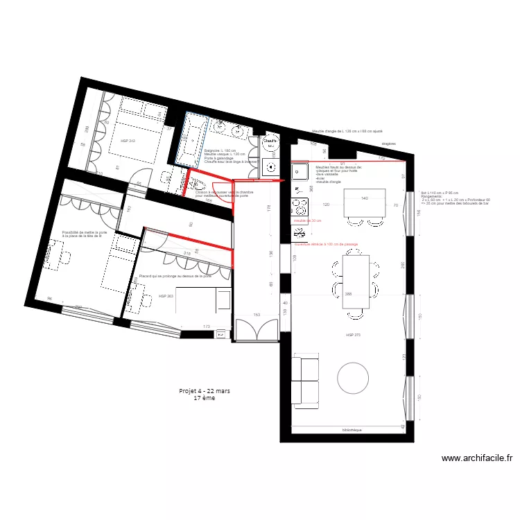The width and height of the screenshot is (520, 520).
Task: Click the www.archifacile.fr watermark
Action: [477, 458]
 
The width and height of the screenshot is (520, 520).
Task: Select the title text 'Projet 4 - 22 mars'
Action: [205, 391]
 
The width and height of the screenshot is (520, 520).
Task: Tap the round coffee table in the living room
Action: [354, 378]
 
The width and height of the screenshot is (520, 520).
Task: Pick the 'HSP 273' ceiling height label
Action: [354, 335]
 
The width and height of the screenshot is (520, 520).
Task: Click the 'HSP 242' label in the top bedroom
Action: [128, 141]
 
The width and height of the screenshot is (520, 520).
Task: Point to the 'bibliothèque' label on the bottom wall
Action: [351, 430]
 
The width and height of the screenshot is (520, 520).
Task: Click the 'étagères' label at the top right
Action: [388, 144]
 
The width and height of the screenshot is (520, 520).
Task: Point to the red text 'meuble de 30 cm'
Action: [308, 221]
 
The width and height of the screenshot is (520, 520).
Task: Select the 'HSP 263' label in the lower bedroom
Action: [165, 296]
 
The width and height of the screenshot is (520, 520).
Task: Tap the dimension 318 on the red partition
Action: [187, 254]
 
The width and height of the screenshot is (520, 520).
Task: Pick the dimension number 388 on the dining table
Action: [348, 295]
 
